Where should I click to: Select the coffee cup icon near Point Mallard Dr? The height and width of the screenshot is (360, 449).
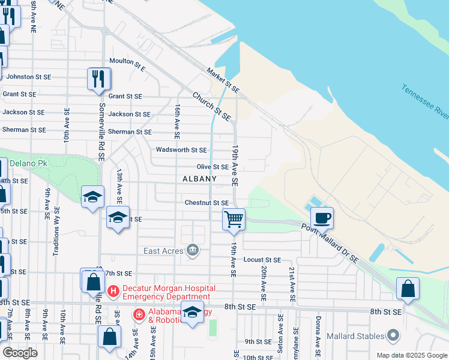point(322,218)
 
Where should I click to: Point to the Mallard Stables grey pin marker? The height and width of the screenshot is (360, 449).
point(393,334)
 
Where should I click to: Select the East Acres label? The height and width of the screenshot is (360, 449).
point(164,251)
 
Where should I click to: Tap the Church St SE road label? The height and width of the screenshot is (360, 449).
point(212,106)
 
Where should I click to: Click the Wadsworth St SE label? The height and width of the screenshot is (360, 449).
point(181,150)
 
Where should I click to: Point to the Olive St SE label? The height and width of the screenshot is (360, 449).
point(212,167)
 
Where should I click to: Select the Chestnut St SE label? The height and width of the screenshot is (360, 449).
point(206,203)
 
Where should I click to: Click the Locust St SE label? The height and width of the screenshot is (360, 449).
point(262,260)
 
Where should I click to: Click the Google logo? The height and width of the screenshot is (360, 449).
point(20,353)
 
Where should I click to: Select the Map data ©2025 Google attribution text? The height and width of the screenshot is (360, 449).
point(411,355)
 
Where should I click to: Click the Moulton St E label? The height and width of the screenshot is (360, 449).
point(127,61)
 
